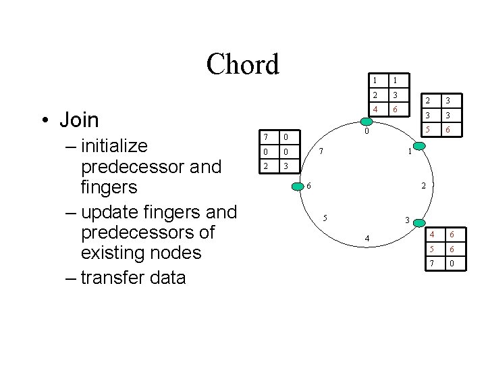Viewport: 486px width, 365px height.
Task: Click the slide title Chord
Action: [242, 65]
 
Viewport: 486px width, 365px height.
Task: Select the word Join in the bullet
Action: [79, 120]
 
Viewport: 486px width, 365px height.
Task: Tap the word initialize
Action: [113, 146]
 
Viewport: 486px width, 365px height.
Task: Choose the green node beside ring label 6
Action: [298, 185]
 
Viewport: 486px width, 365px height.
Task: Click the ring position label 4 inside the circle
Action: [367, 239]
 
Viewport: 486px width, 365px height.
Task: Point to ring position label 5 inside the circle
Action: [325, 218]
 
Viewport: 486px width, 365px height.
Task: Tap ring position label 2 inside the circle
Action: [423, 186]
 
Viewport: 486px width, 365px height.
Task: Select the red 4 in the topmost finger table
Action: [375, 109]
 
